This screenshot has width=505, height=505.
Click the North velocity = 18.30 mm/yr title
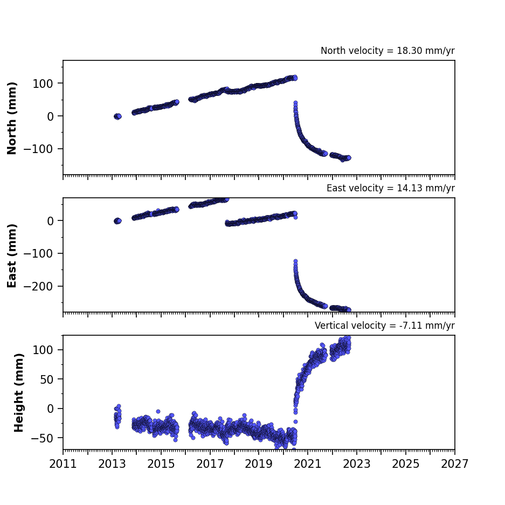point(388,51)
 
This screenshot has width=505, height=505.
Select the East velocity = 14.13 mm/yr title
point(390,188)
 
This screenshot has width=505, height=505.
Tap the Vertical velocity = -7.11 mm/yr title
point(385,326)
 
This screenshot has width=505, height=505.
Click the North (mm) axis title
point(12,118)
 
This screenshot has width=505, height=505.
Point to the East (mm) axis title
point(12,255)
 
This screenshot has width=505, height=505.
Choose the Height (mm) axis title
point(19,392)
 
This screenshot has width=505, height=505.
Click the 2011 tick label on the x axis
point(63,464)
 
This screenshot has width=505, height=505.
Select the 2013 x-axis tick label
point(112,464)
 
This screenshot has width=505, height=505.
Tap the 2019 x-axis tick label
point(259,464)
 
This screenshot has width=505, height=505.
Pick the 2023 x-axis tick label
point(357,464)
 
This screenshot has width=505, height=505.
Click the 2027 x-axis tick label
point(454,464)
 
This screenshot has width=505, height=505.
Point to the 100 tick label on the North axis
point(43,84)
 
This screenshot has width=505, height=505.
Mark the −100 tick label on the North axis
point(38,149)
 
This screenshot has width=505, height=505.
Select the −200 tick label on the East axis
point(38,286)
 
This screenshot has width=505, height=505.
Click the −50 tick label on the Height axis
point(42,438)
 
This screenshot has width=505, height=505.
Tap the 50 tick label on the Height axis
point(46,379)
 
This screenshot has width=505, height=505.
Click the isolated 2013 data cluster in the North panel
point(118,116)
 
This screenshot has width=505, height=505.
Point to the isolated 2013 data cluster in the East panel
point(118,221)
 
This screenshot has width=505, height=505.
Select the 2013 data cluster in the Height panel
point(117,417)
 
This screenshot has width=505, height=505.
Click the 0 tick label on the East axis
point(50,221)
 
